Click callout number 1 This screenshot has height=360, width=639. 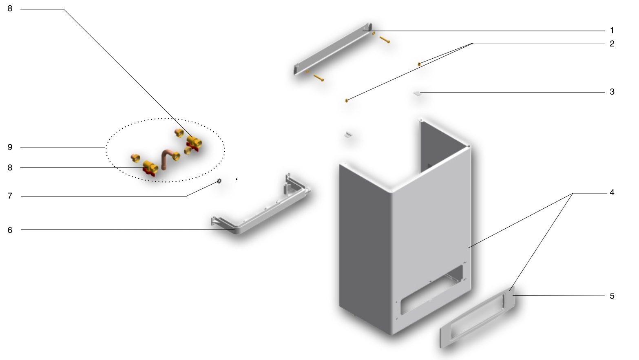pyautogui.click(x=612, y=30)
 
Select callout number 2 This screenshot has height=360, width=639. pyautogui.click(x=612, y=44)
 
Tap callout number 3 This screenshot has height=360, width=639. pyautogui.click(x=612, y=92)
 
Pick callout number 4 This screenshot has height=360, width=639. pyautogui.click(x=612, y=192)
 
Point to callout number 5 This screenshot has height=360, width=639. pyautogui.click(x=612, y=296)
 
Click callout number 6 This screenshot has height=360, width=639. pyautogui.click(x=10, y=230)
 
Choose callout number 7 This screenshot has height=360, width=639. pyautogui.click(x=10, y=196)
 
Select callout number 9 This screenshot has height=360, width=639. pyautogui.click(x=10, y=148)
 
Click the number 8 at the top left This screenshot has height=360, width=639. pyautogui.click(x=10, y=9)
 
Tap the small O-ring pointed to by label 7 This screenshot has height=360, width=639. pyautogui.click(x=219, y=181)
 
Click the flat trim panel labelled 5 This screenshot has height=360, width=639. pyautogui.click(x=477, y=317)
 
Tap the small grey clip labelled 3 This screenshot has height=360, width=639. pyautogui.click(x=417, y=93)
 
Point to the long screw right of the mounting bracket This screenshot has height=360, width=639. pyautogui.click(x=385, y=40)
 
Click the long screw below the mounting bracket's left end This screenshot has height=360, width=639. pyautogui.click(x=318, y=77)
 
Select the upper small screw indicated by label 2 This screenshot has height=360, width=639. pyautogui.click(x=419, y=64)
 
